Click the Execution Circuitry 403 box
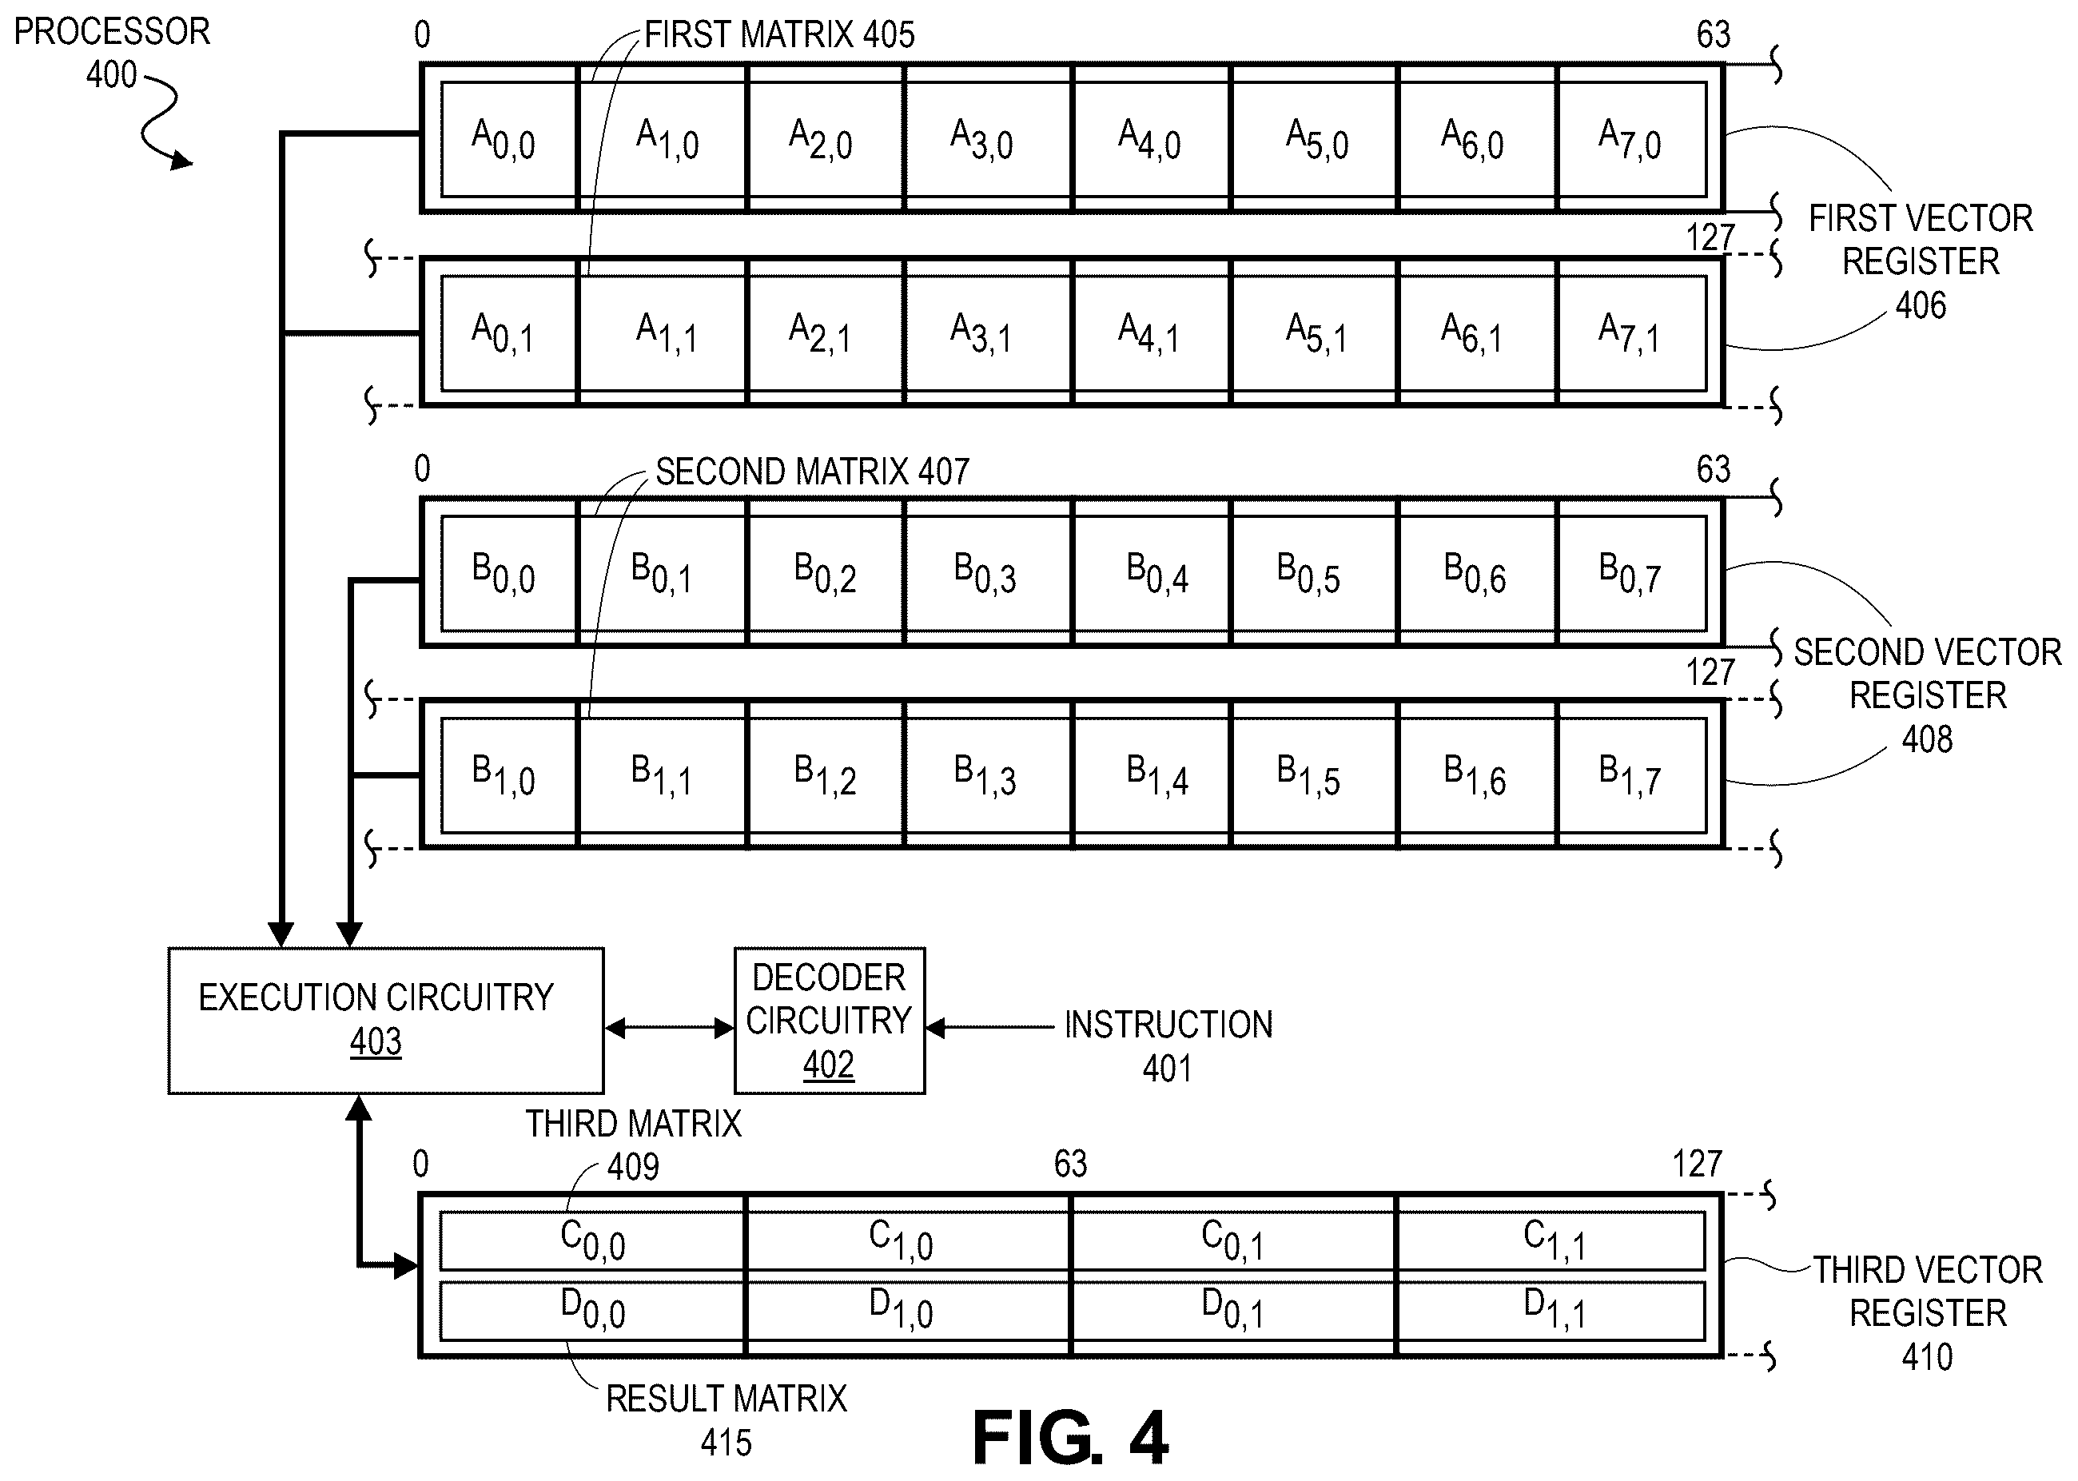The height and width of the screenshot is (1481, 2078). (x=386, y=1021)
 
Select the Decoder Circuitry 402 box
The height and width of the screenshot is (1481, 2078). (x=830, y=1021)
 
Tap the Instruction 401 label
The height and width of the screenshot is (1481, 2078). (x=1168, y=1046)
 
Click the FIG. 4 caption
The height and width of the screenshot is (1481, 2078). (x=1070, y=1438)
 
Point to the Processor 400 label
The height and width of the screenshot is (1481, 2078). (x=111, y=53)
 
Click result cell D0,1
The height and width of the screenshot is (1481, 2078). (x=1232, y=1311)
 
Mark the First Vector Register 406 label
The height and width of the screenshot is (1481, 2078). (x=1921, y=261)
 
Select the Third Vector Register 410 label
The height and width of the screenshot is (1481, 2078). (x=1928, y=1313)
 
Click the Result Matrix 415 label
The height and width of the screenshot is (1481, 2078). (x=727, y=1420)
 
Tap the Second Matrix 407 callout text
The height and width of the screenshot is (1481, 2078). (x=812, y=472)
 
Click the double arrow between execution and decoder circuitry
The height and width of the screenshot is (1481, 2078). (x=669, y=1029)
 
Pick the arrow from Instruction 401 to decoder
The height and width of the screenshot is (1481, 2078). (x=990, y=1029)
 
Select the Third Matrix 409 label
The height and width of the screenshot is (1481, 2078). (x=634, y=1145)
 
